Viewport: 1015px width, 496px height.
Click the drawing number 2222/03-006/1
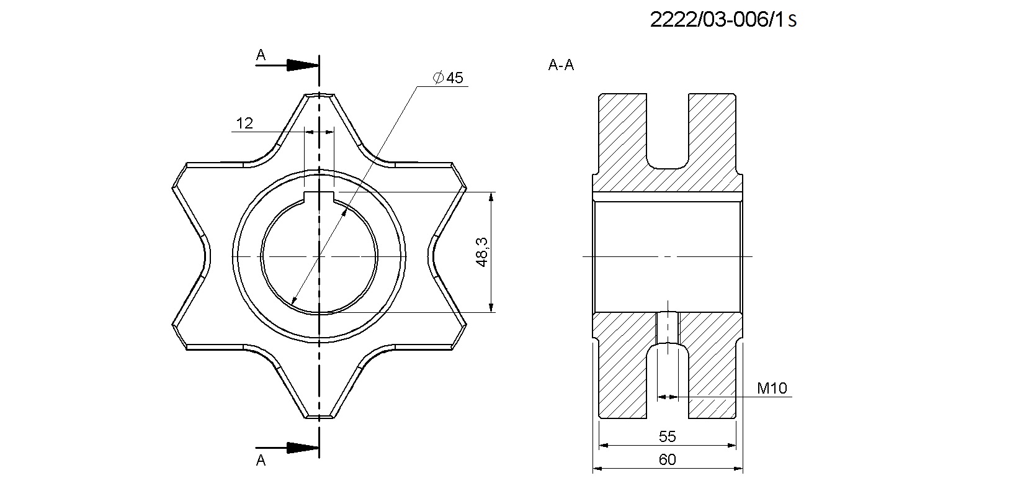717,19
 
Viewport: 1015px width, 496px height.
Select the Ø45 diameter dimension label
448,78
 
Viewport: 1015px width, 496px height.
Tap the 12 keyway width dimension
244,124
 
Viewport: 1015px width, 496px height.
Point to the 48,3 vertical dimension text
481,252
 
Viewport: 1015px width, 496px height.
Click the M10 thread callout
772,388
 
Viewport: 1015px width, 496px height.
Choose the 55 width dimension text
668,436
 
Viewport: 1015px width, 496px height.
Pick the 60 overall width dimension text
668,460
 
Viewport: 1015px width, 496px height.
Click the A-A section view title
561,65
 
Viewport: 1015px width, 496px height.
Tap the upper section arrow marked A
287,65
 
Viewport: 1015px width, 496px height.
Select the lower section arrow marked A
287,448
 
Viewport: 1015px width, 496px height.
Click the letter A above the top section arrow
261,55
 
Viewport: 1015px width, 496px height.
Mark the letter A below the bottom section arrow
261,460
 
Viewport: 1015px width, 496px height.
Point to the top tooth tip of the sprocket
320,95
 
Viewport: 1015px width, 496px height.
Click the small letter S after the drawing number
792,21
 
